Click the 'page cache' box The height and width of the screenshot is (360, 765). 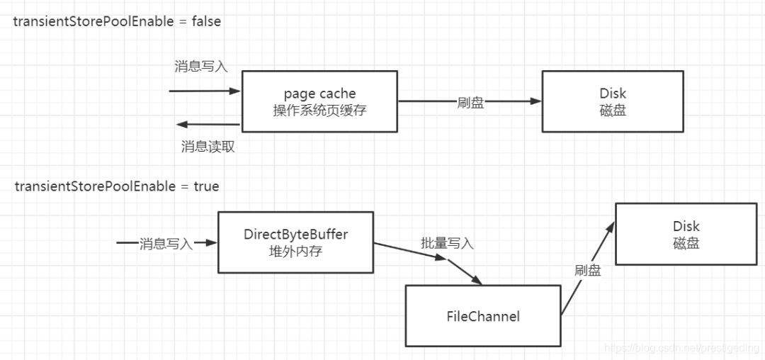319,101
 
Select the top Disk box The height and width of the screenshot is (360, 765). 613,101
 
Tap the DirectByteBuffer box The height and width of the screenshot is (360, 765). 295,242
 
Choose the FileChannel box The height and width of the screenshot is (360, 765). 483,316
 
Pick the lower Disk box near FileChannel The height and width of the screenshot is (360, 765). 686,234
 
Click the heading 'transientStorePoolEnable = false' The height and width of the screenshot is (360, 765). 117,21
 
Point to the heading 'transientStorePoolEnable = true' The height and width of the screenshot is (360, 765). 117,187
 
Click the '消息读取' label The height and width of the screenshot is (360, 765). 208,147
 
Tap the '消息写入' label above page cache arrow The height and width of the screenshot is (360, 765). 201,67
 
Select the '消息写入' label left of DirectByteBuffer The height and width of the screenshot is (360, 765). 166,244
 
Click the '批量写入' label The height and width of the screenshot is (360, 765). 447,243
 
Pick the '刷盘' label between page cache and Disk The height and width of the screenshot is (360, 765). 470,102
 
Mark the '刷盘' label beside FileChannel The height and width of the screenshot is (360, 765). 588,270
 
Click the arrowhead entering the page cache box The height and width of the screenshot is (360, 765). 236,91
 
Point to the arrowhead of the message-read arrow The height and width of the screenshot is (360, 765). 182,125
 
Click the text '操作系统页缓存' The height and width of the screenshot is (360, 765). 319,111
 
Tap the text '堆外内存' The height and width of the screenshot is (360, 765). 295,251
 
